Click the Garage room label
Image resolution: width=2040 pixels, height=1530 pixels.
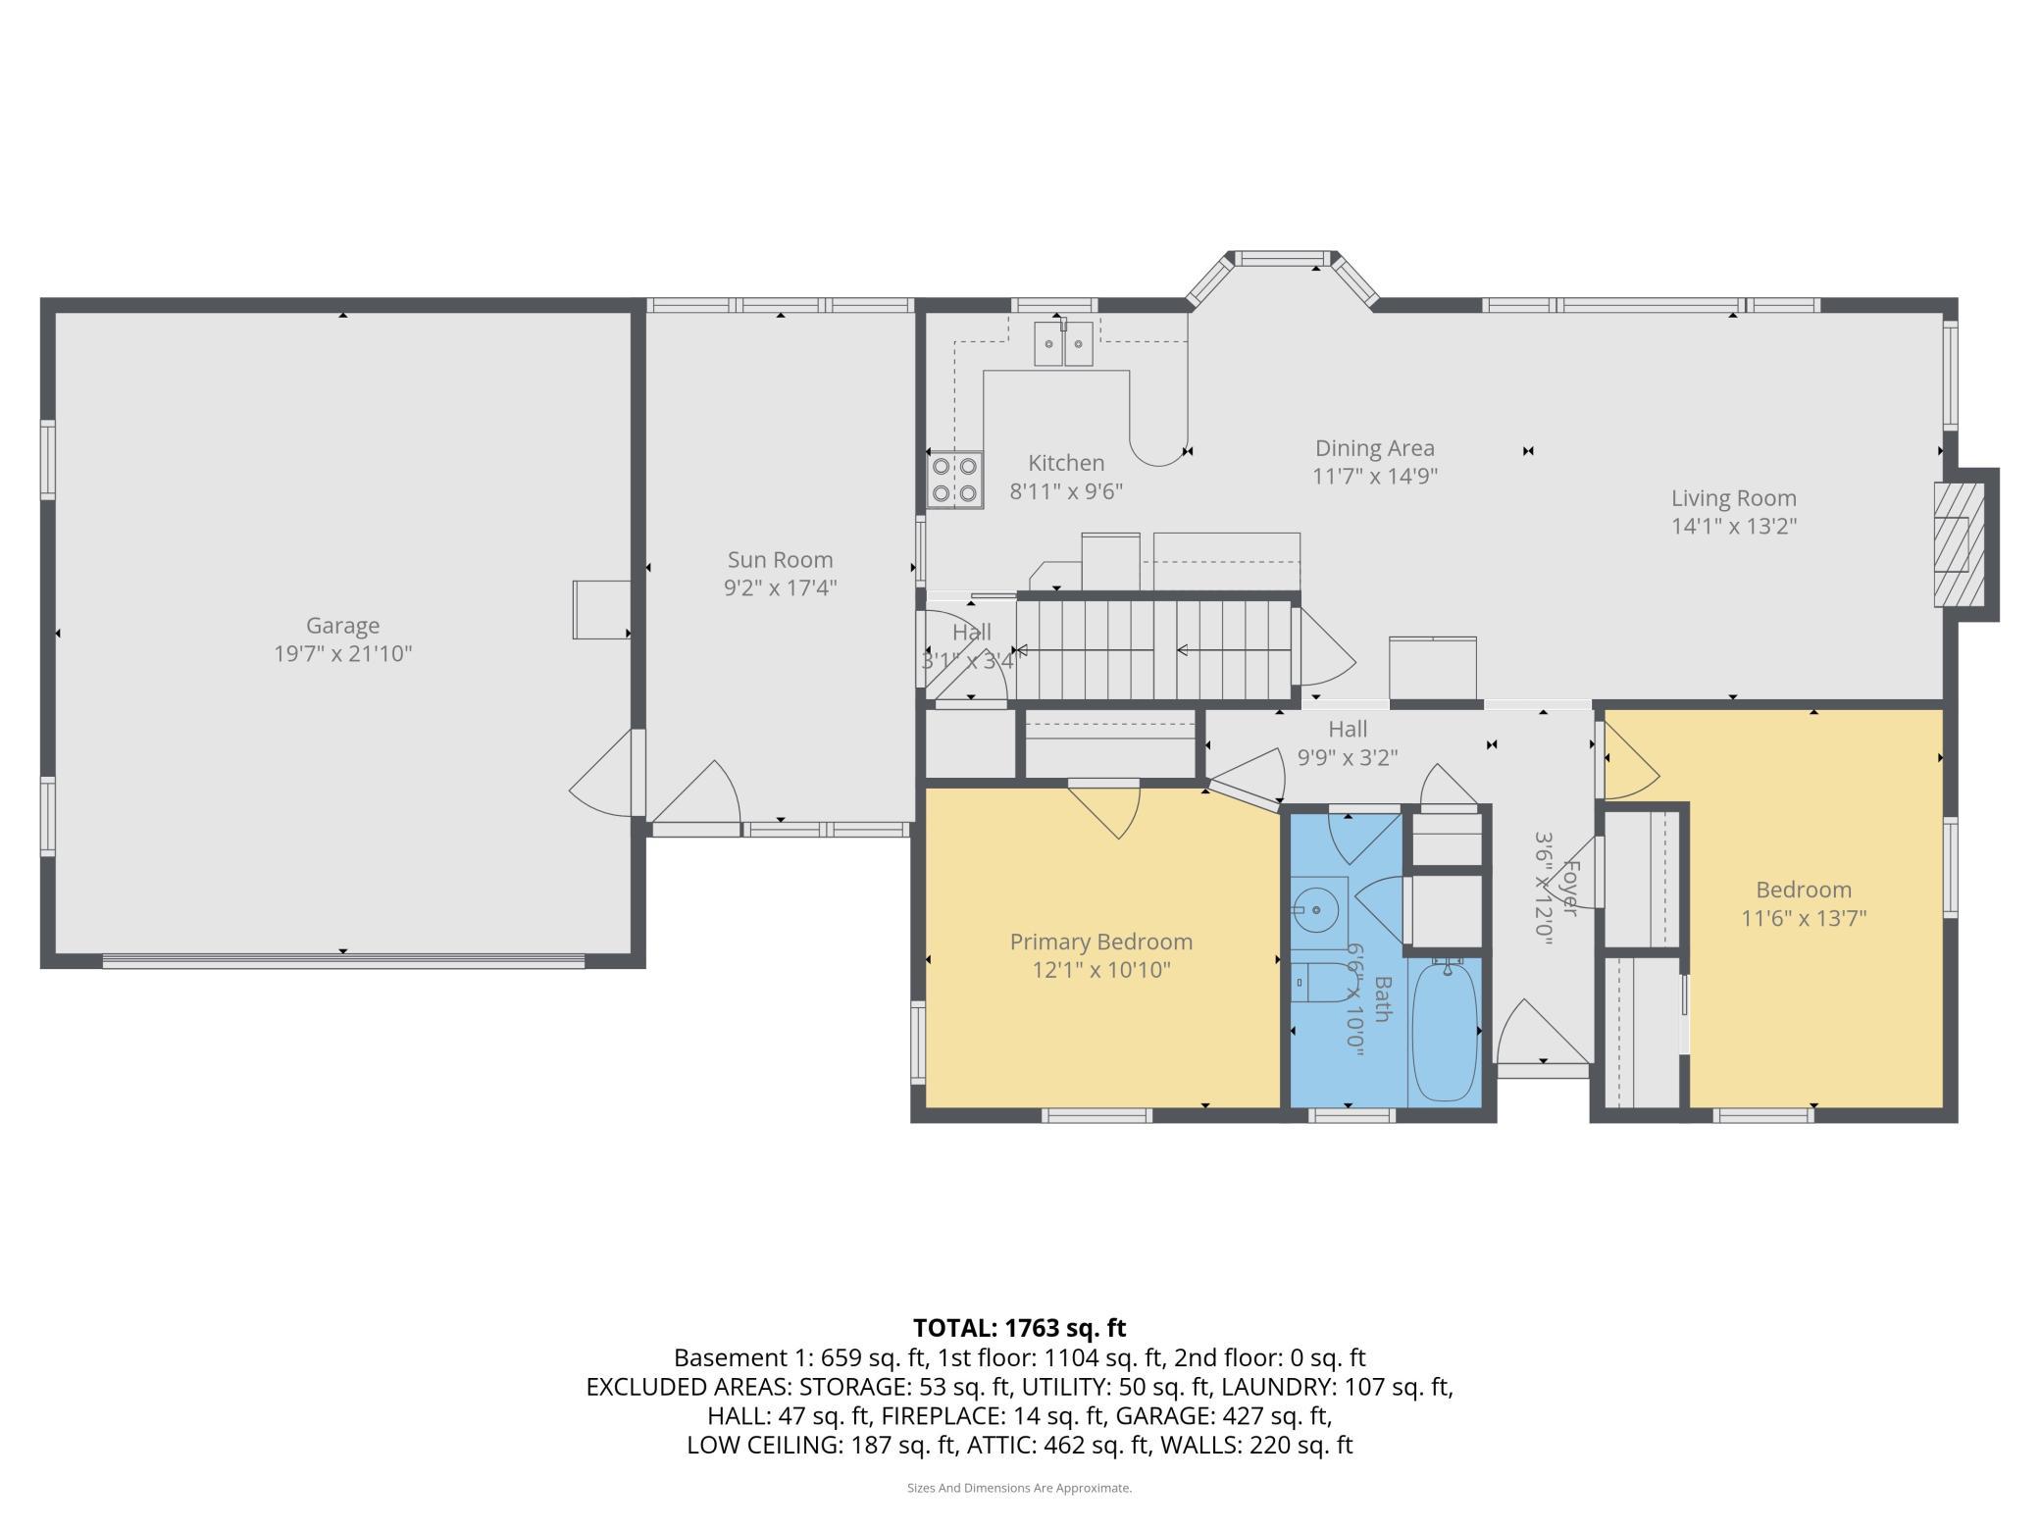342,625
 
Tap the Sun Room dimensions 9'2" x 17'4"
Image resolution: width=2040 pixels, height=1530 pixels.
780,587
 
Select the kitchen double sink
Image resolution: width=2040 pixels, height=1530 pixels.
1064,343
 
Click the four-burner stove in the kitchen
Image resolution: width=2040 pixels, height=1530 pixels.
955,480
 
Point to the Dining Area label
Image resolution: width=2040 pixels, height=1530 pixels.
1374,448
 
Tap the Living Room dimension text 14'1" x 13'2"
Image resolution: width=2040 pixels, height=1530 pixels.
1733,526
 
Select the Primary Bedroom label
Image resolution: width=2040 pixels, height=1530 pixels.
1100,942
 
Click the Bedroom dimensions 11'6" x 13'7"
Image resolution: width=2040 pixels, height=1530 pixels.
1803,918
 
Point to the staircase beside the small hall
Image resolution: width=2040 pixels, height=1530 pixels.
1153,649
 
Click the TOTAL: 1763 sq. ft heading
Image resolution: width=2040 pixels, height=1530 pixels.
1019,1328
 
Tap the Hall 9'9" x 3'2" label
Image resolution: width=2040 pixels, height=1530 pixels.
1348,742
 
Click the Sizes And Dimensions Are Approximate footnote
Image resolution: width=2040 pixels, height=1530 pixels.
1019,1488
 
